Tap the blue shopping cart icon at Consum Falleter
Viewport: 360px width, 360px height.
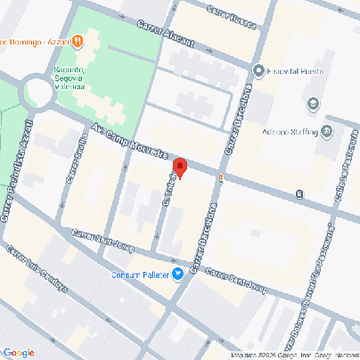tap(178, 274)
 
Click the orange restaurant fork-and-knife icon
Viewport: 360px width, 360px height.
tap(78, 40)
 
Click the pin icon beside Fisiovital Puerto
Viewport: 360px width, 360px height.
tap(258, 71)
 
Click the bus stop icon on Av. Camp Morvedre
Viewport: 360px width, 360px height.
tap(300, 193)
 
